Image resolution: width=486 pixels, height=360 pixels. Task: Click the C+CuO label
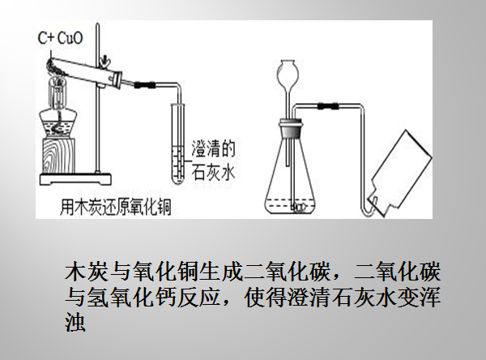[61, 38]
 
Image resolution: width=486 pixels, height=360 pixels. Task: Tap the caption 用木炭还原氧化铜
[115, 206]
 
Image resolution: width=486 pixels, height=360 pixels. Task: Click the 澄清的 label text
[213, 148]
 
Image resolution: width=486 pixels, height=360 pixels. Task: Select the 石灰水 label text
[213, 172]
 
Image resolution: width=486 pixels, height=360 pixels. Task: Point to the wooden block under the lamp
[59, 156]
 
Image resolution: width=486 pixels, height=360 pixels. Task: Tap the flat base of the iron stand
[75, 179]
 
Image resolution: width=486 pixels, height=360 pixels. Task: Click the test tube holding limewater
[177, 144]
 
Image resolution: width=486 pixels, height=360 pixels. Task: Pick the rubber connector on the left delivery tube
[144, 84]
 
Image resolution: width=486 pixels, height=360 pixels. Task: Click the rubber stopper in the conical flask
[291, 129]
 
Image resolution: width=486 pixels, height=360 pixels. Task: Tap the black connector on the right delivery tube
[328, 106]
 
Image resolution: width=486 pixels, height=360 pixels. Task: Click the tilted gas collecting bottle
[399, 174]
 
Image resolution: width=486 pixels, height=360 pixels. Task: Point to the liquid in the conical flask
[291, 206]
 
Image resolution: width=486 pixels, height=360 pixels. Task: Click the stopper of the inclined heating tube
[118, 79]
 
